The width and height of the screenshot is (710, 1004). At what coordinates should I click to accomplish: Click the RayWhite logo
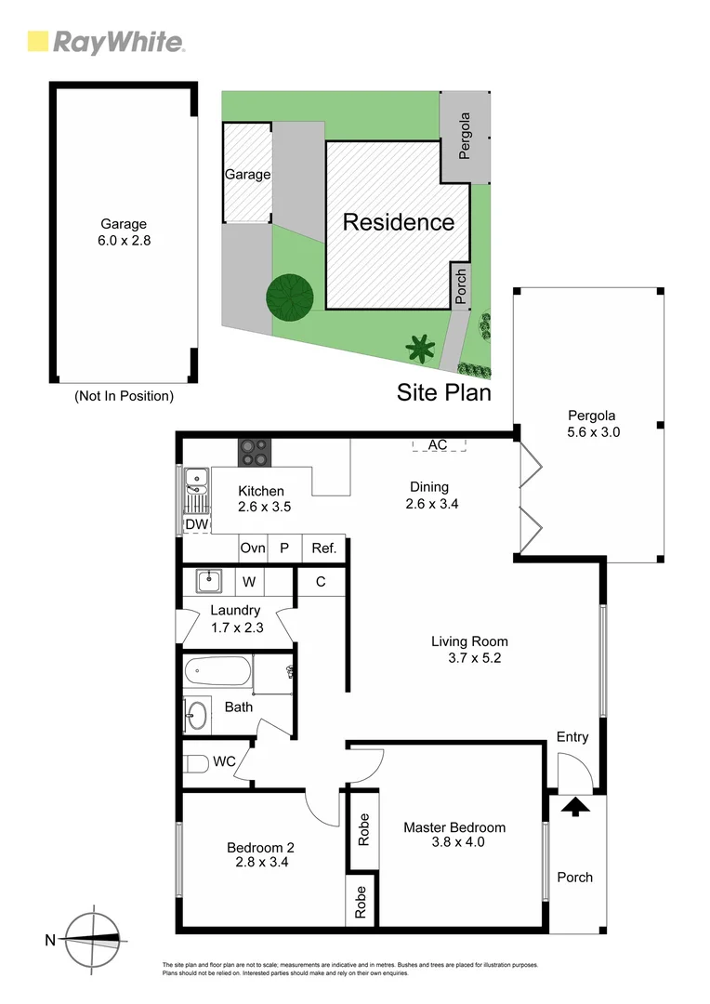tap(106, 42)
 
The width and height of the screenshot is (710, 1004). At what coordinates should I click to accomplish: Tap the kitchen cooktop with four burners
tap(256, 453)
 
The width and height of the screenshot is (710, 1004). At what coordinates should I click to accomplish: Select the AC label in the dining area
tap(438, 445)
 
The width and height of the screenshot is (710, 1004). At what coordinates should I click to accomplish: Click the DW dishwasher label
tap(195, 524)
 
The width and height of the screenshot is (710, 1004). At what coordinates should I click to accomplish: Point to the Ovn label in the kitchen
tap(253, 548)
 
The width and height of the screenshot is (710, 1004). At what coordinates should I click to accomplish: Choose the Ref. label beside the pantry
tap(323, 548)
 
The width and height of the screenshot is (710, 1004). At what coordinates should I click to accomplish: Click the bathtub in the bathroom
tap(217, 671)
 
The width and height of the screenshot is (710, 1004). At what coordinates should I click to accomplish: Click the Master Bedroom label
tap(454, 835)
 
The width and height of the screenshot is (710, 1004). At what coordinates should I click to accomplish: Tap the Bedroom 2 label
tap(260, 854)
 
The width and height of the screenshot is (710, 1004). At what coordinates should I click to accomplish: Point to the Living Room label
tap(469, 649)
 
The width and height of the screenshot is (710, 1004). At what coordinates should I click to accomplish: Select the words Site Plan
tap(443, 392)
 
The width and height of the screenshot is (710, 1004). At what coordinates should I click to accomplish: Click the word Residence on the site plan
tap(399, 222)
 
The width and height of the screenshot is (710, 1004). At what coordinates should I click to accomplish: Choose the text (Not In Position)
tap(124, 396)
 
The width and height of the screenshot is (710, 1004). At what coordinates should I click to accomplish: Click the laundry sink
tap(209, 583)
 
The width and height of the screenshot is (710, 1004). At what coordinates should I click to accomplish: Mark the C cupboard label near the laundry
tap(321, 583)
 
